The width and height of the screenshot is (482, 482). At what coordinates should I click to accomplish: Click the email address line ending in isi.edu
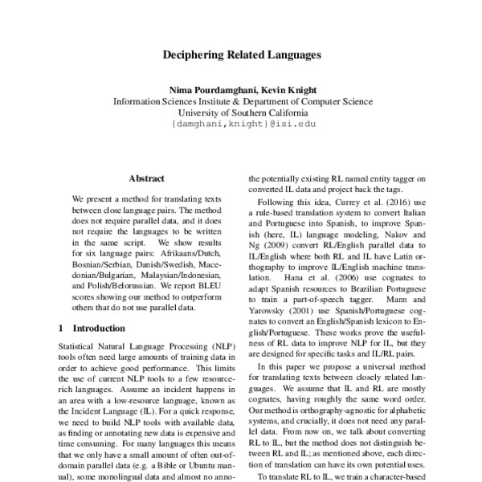(x=243, y=125)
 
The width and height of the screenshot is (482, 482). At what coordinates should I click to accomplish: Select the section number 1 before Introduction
(x=63, y=328)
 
